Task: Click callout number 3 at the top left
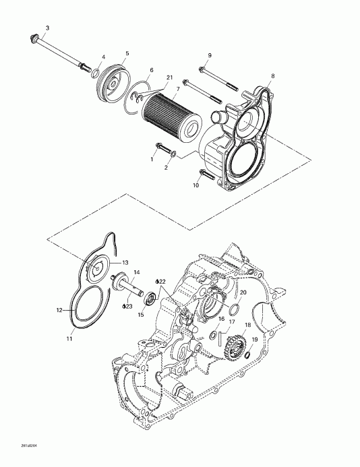(47, 28)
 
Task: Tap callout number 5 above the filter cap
(127, 53)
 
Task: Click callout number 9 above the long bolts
(210, 55)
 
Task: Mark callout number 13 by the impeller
(125, 262)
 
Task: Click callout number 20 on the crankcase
(243, 292)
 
